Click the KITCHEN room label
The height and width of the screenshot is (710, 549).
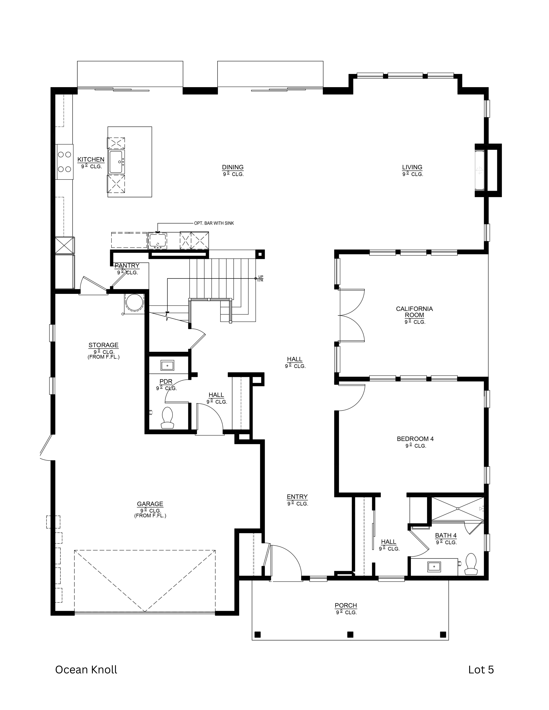[x=91, y=160]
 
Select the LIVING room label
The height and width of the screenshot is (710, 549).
[x=412, y=167]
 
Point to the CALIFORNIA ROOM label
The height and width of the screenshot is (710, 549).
[x=414, y=312]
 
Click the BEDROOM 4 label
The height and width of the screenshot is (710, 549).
[x=415, y=439]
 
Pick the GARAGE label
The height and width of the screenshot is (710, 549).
[x=150, y=504]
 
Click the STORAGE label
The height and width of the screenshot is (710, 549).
[x=103, y=345]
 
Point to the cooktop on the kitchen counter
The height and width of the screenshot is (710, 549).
[x=64, y=162]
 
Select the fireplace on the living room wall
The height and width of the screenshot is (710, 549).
[x=480, y=170]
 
